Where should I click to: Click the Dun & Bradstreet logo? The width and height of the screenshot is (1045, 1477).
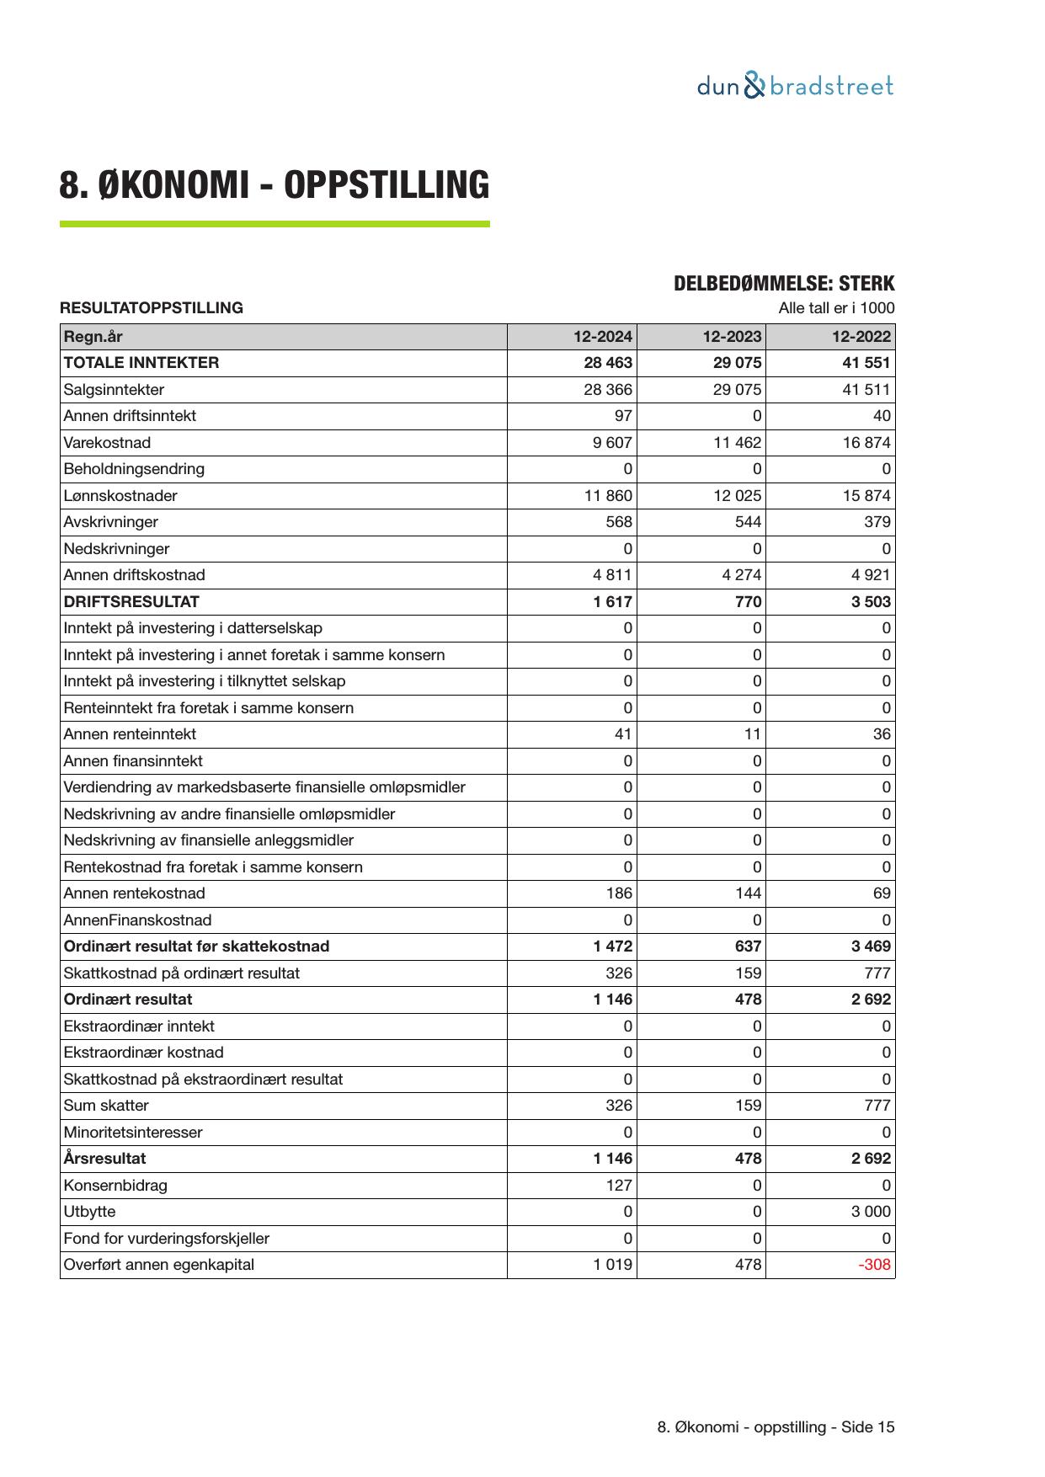click(x=795, y=87)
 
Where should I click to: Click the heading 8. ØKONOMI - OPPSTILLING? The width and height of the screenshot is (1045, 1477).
click(x=274, y=185)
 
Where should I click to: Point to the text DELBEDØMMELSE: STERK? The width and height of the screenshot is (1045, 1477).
click(x=783, y=284)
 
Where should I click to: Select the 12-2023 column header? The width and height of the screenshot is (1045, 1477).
click(x=732, y=337)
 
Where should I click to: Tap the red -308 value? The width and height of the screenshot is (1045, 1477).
click(x=874, y=1265)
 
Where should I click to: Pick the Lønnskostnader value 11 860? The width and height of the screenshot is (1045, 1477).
click(x=608, y=496)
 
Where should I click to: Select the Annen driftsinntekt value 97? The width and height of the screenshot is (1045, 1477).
click(x=623, y=416)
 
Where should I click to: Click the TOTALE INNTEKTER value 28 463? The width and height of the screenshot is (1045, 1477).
click(x=608, y=363)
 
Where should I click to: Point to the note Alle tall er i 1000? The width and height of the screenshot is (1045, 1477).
click(x=836, y=308)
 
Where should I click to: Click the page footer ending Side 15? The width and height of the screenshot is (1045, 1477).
click(x=776, y=1427)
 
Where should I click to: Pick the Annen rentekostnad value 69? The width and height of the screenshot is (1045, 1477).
click(x=881, y=893)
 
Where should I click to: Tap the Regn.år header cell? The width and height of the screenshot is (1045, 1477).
click(x=93, y=337)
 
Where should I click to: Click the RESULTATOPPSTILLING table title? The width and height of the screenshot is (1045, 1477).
click(x=152, y=308)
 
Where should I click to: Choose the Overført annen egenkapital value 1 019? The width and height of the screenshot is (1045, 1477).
click(x=613, y=1265)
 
